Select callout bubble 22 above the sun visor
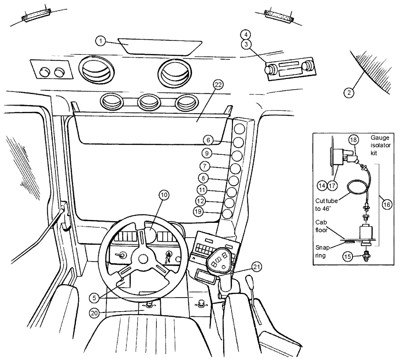click(x=218, y=85)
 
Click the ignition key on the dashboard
click(x=169, y=255)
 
